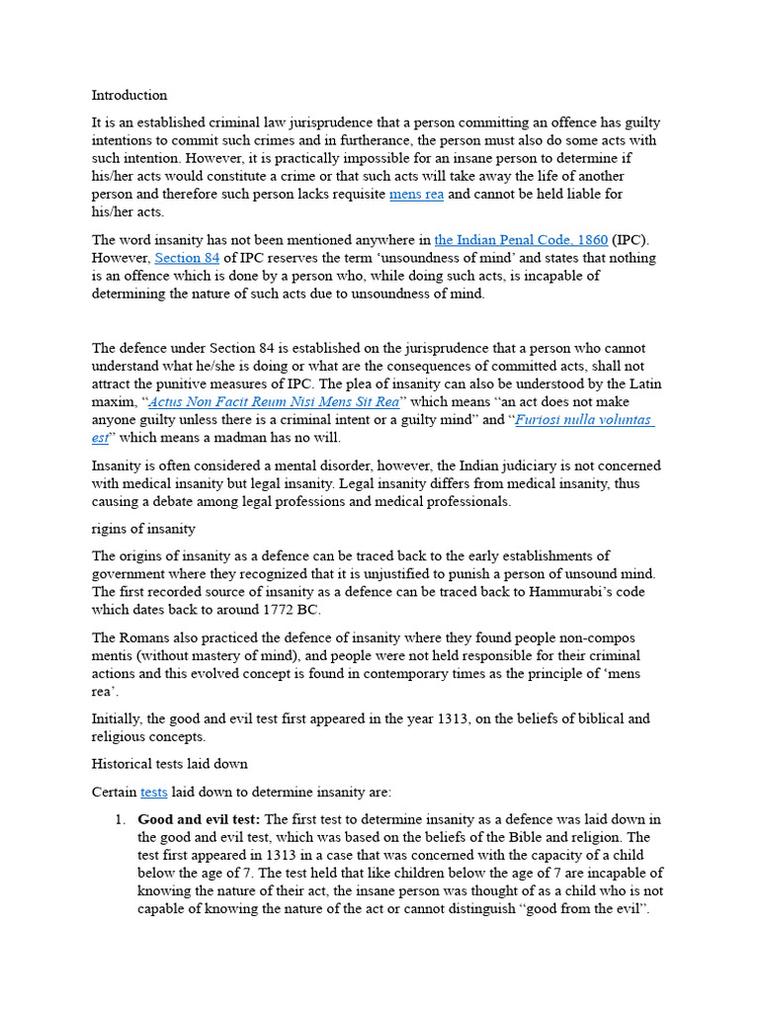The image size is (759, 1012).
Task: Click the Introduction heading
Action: tap(129, 96)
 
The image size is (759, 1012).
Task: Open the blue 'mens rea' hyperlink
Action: tap(416, 194)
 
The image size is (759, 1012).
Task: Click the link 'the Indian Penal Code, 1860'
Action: tap(521, 240)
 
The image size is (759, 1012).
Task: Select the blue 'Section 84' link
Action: tap(187, 258)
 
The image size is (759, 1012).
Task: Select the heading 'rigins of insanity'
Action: tap(143, 529)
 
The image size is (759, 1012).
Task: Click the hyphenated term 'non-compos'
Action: tap(603, 637)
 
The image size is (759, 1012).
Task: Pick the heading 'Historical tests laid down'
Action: tap(169, 764)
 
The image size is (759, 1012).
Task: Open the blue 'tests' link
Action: tap(154, 792)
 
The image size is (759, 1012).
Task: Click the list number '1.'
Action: tap(121, 819)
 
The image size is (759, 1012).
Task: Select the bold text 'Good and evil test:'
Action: tap(199, 819)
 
